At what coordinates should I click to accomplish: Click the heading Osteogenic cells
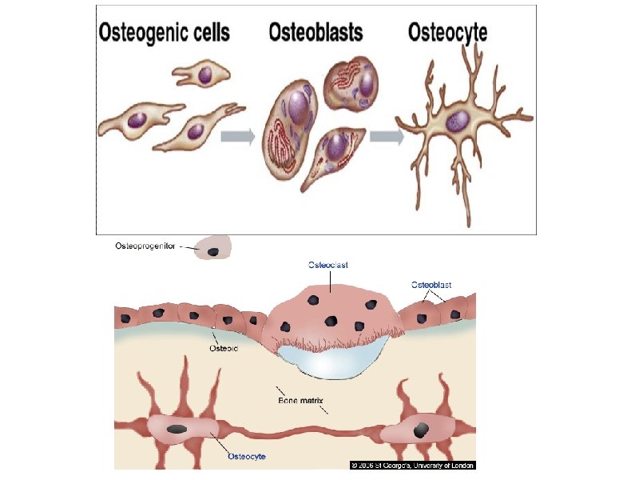[x=165, y=33]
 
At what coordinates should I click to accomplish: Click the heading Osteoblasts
[x=316, y=33]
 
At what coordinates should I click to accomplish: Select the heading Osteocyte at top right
[x=448, y=33]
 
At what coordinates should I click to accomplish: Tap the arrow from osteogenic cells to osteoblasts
[x=237, y=136]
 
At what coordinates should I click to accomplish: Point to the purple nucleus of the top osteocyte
[x=458, y=121]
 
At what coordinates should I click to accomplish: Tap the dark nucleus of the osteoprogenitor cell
[x=213, y=252]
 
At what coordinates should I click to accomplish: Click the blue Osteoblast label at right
[x=431, y=284]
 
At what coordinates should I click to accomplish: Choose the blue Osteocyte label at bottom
[x=246, y=457]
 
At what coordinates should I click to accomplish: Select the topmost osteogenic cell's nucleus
[x=206, y=77]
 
